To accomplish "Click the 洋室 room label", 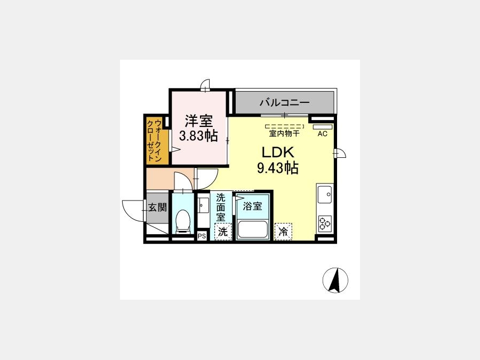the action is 198,121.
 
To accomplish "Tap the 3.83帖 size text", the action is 198,135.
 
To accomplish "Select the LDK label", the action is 278,153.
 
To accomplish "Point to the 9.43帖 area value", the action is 278,167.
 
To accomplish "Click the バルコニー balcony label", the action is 285,102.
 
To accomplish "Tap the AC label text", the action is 322,134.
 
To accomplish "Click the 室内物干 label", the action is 284,133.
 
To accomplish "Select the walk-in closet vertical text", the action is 154,140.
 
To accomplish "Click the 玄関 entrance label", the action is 157,207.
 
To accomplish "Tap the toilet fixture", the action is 183,220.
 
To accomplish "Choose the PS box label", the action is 202,236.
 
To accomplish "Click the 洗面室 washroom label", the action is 221,207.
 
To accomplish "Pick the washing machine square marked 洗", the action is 223,232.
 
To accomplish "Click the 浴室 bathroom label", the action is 253,206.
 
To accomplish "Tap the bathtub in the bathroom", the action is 253,229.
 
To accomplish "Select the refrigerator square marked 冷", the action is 284,232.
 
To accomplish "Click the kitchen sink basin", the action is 325,194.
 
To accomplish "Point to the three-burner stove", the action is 325,223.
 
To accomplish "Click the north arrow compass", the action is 335,280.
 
